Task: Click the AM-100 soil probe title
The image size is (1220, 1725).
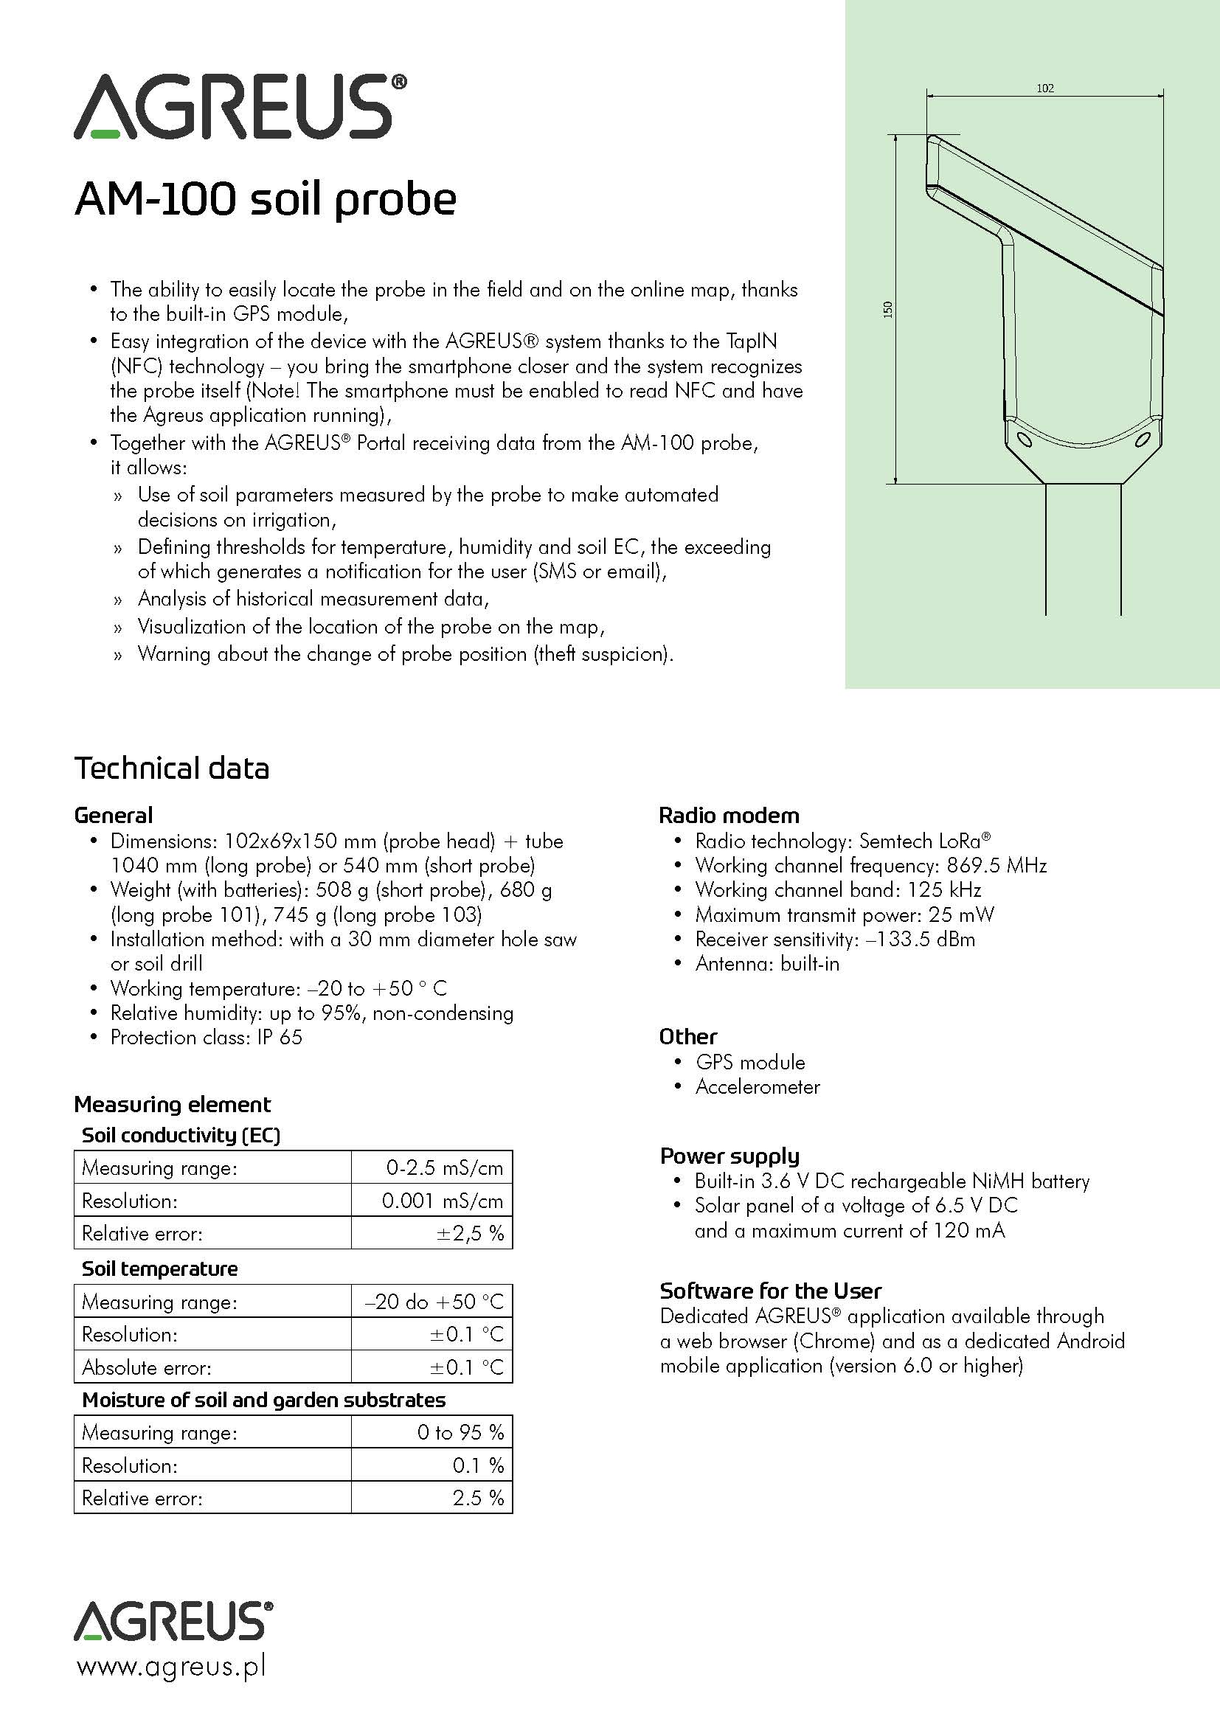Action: click(266, 200)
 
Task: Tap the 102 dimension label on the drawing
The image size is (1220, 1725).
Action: click(1045, 88)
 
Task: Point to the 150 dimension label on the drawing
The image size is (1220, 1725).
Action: click(888, 309)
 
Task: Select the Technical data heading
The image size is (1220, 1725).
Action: click(171, 768)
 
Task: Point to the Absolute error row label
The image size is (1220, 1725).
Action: click(147, 1367)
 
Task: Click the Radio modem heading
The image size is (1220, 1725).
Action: click(729, 815)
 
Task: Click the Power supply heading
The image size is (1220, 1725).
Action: click(729, 1156)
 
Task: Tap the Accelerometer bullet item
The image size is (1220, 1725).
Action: click(758, 1086)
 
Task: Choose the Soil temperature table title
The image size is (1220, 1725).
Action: click(159, 1268)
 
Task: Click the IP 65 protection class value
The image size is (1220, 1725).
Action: click(280, 1038)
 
